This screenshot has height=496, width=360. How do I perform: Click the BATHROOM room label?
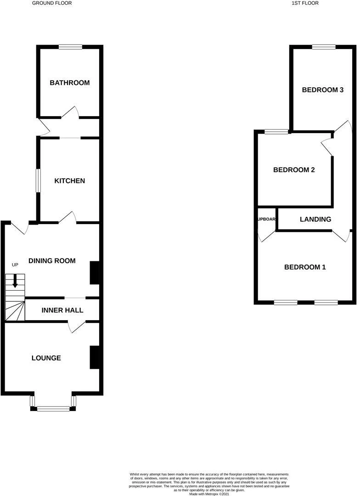pos(70,83)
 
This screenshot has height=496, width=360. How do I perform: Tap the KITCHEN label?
pos(70,181)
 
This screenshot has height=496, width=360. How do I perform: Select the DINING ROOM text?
pos(52,261)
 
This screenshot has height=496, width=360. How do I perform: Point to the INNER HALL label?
pos(62,310)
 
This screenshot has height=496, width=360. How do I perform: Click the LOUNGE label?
pos(46,358)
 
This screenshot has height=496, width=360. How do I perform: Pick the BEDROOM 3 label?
pos(323,90)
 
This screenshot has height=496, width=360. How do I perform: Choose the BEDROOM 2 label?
pos(294,170)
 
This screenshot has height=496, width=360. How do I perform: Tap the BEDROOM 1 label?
pos(305,267)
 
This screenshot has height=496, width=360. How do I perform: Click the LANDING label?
pos(315,220)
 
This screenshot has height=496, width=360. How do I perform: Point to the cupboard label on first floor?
pos(267,220)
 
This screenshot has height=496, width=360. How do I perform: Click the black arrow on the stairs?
pos(15,281)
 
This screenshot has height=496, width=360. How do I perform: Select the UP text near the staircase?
pos(15,265)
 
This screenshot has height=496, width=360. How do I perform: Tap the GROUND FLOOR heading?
pos(52,3)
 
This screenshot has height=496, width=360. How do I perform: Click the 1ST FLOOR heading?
pos(305,3)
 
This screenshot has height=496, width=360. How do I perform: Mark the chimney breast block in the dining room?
pos(94,273)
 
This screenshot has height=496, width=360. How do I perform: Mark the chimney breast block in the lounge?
pos(94,357)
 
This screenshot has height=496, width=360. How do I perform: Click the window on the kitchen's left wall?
pos(39,180)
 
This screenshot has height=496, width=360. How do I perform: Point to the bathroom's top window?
pos(70,46)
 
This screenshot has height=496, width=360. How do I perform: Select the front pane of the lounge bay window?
pos(53,408)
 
